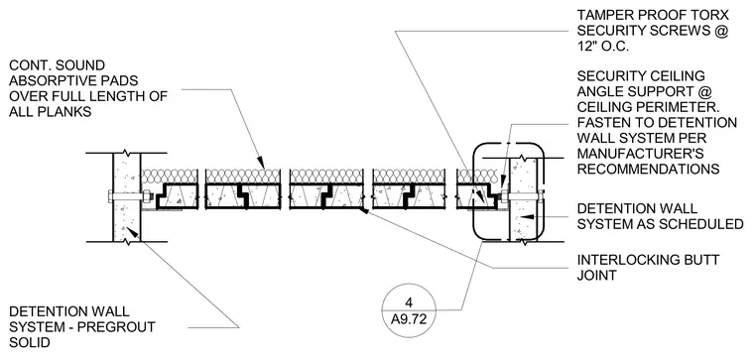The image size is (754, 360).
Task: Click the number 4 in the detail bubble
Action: click(x=409, y=302)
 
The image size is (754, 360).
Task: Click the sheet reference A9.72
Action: click(x=409, y=319)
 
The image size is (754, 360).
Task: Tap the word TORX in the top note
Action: click(x=707, y=16)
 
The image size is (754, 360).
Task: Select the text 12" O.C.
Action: click(x=603, y=47)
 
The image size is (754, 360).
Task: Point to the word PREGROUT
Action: click(x=116, y=327)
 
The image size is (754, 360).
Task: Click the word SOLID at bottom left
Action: click(x=29, y=343)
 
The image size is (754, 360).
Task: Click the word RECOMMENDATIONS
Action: click(x=648, y=170)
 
